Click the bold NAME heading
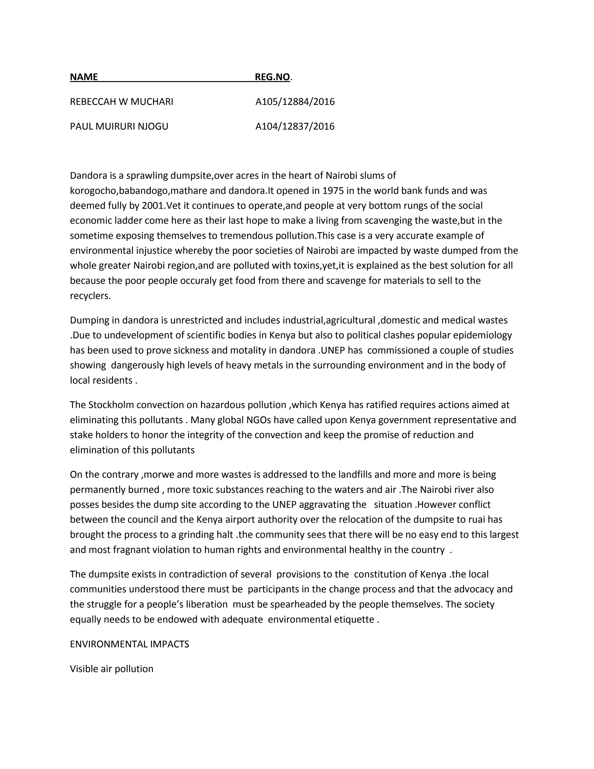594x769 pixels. tap(84, 77)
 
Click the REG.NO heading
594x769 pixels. tap(272, 77)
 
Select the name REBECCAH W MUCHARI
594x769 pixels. tap(121, 102)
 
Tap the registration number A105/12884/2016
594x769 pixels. tap(295, 102)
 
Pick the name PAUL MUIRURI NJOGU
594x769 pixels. tap(119, 126)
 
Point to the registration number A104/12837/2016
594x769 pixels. tap(295, 126)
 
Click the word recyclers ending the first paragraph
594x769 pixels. tap(90, 296)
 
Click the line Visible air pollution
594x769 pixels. tap(112, 669)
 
